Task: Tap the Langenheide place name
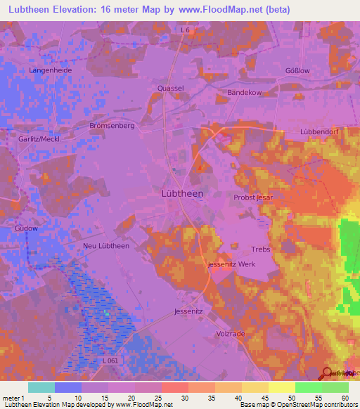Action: (50, 71)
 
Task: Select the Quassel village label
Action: (171, 89)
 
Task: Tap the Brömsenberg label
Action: (112, 125)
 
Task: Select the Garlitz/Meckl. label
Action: (35, 139)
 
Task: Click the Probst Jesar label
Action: (253, 198)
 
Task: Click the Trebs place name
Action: (260, 249)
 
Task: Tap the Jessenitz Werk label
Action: (231, 264)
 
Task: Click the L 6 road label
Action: (186, 30)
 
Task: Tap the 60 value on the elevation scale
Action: (345, 398)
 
